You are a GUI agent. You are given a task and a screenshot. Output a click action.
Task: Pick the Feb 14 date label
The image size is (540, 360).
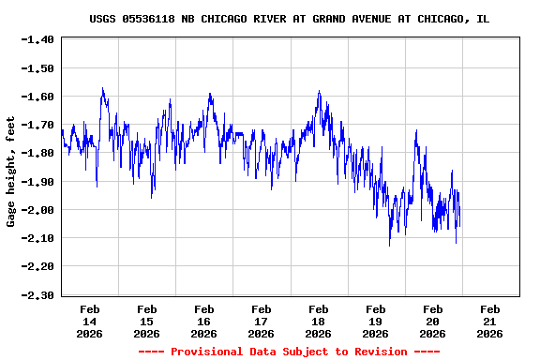coord(90,321)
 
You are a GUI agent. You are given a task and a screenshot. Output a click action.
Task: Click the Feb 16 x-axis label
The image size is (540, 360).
coord(203,321)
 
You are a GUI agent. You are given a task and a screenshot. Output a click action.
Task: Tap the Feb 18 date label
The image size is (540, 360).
coord(318,321)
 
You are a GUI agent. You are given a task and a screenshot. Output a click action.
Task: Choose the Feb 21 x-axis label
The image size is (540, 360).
coord(489,321)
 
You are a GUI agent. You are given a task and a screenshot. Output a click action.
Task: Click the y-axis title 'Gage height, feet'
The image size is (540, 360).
coord(11,171)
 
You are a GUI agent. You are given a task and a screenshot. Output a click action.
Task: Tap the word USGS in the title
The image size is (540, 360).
coord(103,19)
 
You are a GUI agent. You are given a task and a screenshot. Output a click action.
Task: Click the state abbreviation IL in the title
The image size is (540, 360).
coord(483,19)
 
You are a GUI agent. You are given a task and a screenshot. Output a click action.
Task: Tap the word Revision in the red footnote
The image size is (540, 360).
coord(379,352)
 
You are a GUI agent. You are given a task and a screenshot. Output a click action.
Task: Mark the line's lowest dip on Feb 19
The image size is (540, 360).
coord(389,246)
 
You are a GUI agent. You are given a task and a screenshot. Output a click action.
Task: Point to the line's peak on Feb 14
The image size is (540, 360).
coord(102,88)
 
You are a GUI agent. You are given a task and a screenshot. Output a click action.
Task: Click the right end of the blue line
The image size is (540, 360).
coord(460,225)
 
